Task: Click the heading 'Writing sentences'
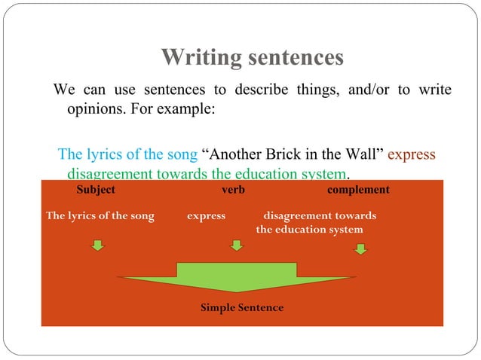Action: pos(253,57)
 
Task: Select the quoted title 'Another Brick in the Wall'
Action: pos(295,155)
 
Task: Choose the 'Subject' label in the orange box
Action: pos(96,190)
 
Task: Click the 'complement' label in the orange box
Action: pos(358,190)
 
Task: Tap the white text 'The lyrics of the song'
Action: pos(100,216)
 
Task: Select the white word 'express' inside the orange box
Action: pos(206,216)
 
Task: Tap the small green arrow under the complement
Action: pos(361,246)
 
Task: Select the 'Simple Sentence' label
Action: pos(242,308)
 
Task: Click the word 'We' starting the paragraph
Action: pos(62,90)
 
